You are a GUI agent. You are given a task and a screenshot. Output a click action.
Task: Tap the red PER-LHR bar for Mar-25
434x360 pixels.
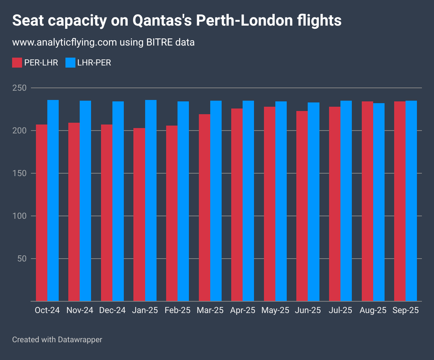[x=205, y=208]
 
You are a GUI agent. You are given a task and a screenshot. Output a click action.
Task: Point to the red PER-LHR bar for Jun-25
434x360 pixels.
[x=302, y=206]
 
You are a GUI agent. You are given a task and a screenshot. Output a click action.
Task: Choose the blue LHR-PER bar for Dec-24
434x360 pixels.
[x=118, y=201]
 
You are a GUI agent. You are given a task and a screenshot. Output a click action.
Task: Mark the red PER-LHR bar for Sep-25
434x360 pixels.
[x=400, y=201]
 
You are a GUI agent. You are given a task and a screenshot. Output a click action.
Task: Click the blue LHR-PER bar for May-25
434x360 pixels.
[x=281, y=201]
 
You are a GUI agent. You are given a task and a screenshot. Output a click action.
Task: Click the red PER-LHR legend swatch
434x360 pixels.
[x=17, y=63]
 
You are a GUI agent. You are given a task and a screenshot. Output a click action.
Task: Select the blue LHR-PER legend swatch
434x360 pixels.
[x=70, y=63]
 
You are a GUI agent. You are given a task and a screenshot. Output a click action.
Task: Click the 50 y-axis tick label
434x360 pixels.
[x=22, y=259]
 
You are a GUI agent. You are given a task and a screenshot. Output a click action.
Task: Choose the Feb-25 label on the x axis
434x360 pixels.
[x=178, y=310]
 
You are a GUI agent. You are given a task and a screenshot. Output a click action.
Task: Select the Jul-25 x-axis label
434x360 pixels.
[x=340, y=310]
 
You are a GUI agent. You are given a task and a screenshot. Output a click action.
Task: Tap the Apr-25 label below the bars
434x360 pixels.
[x=243, y=310]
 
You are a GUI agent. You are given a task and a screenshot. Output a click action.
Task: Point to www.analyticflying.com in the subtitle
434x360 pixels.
[x=64, y=42]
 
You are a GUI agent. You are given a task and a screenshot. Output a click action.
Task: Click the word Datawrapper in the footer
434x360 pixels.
[x=80, y=339]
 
